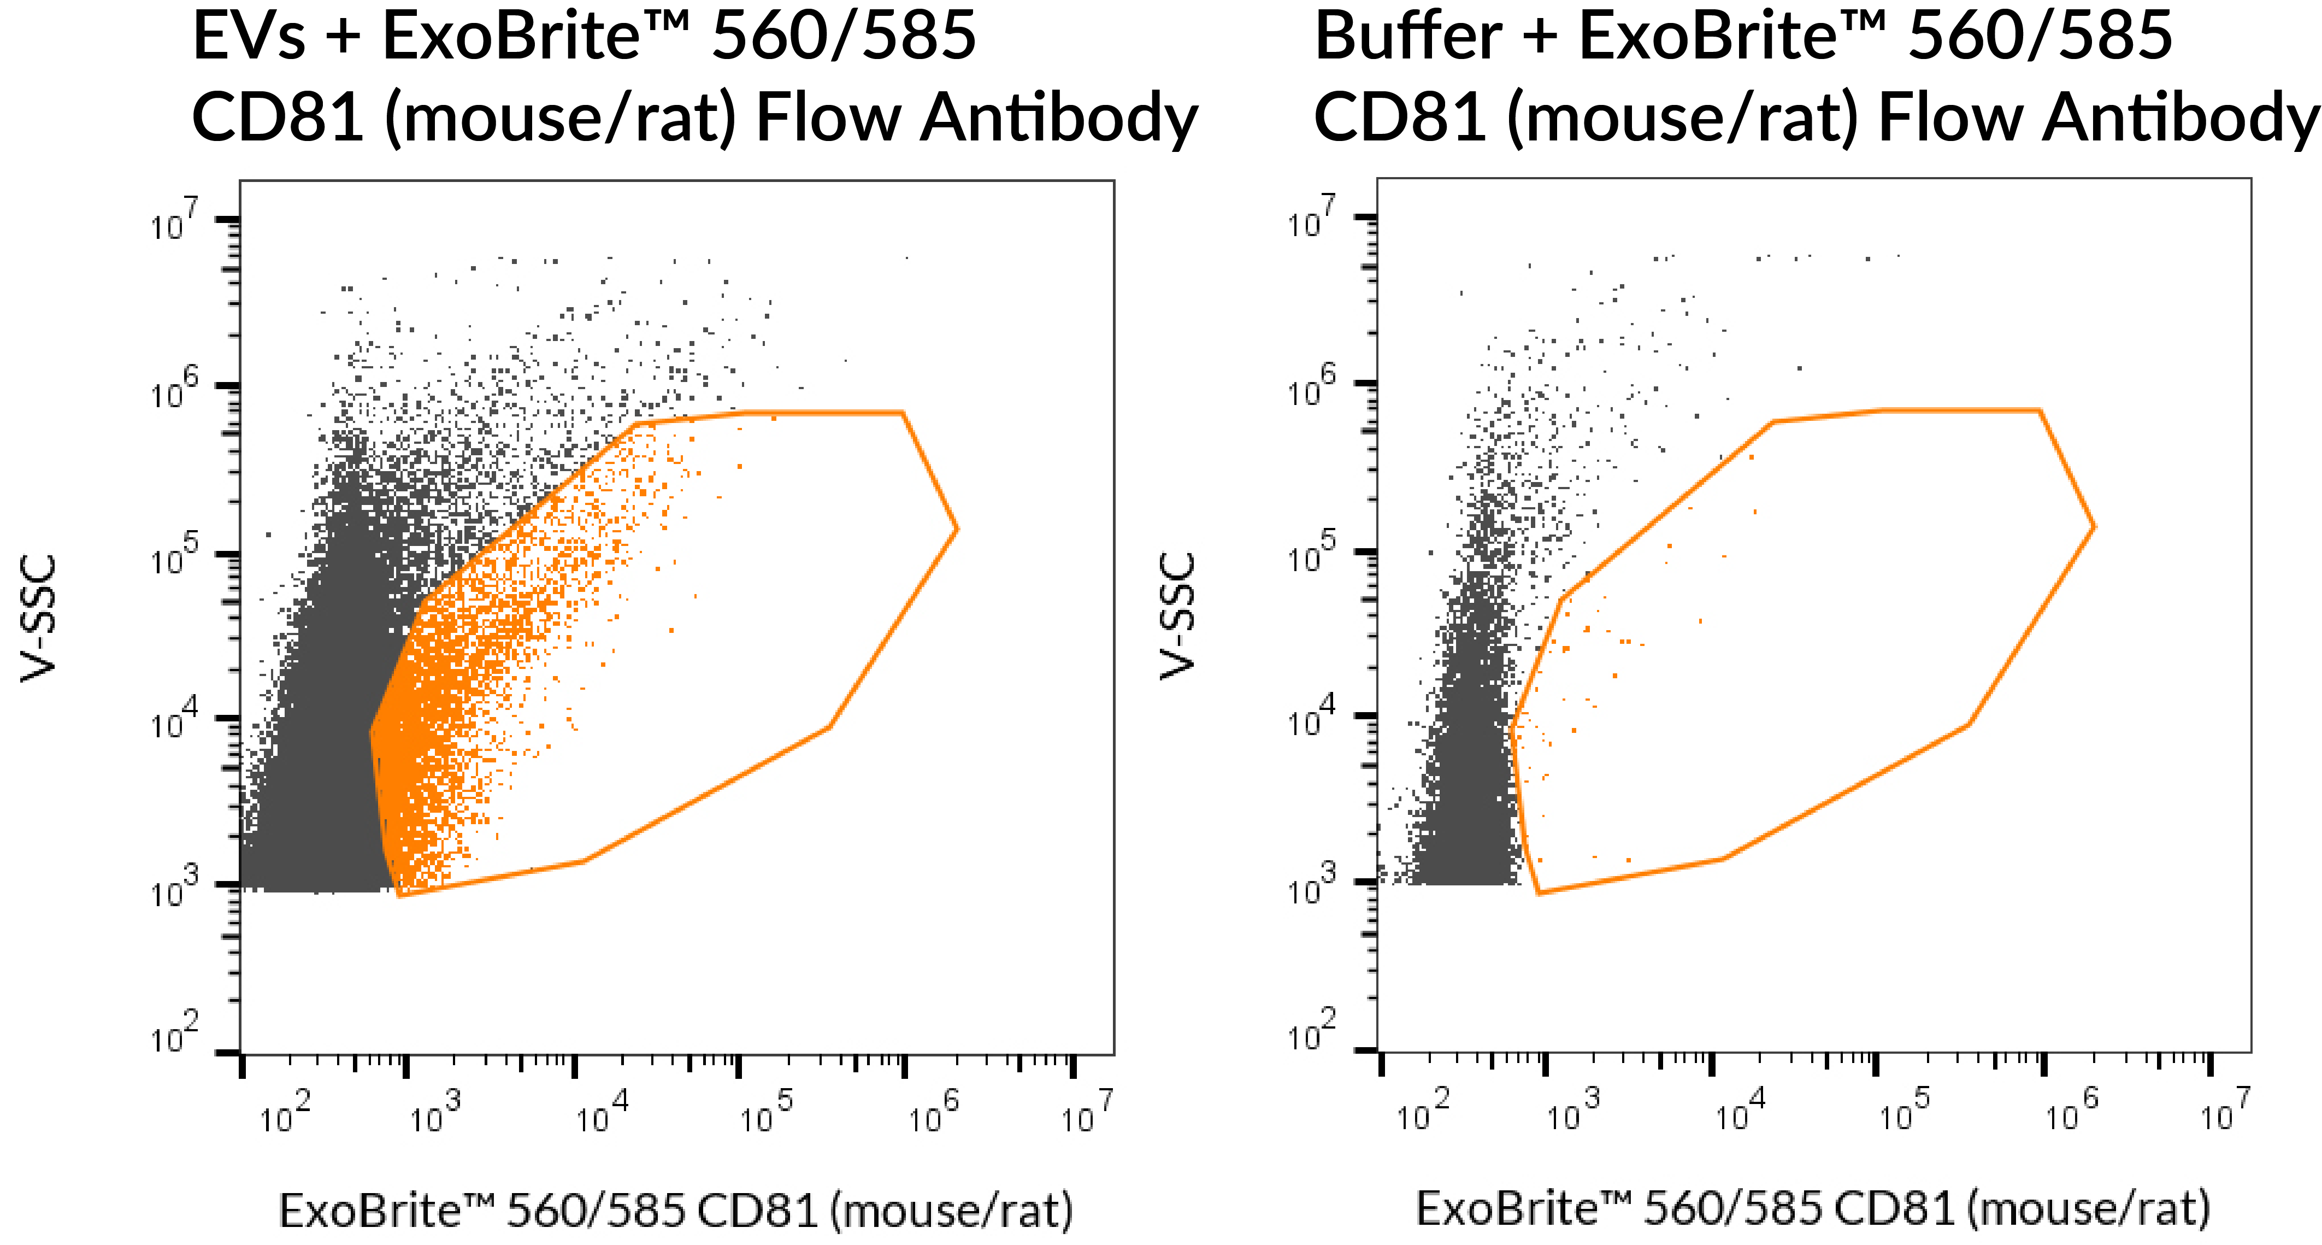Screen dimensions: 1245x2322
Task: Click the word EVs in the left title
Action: [249, 38]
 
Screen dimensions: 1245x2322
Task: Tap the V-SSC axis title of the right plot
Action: [1177, 616]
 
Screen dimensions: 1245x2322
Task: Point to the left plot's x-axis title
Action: [676, 1210]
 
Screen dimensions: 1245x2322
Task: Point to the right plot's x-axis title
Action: [1813, 1208]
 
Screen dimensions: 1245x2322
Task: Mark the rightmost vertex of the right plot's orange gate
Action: [2094, 526]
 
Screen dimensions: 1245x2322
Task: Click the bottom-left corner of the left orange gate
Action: [398, 895]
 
